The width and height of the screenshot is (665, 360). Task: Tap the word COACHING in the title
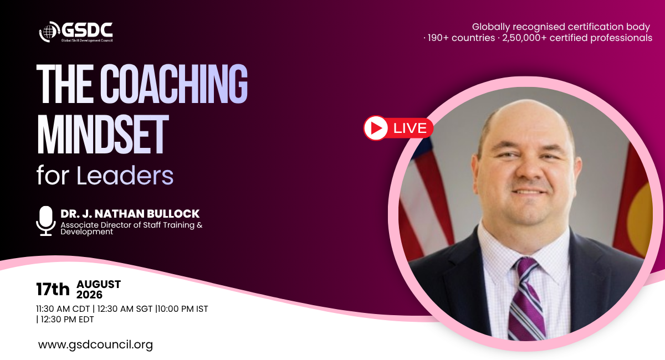click(x=173, y=84)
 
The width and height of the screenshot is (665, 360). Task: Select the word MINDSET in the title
click(x=103, y=135)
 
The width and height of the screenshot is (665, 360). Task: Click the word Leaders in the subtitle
click(x=125, y=176)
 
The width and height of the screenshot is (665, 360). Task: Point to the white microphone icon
click(x=46, y=221)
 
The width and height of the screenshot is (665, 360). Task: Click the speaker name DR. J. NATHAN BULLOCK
click(x=130, y=214)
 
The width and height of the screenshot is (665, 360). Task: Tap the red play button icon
click(x=376, y=128)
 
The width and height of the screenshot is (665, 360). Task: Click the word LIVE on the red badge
click(x=410, y=128)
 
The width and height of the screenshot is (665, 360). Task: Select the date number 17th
click(x=53, y=289)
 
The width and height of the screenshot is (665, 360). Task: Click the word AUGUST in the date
click(x=99, y=284)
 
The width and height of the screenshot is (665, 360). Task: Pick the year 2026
click(x=89, y=295)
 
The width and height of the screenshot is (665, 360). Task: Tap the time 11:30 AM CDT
click(x=63, y=309)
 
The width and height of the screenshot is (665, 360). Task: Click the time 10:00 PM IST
click(x=182, y=309)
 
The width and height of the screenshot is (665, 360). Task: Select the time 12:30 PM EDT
click(x=67, y=320)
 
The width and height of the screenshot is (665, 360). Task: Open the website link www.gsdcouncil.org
click(x=95, y=345)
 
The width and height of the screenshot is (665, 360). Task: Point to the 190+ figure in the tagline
click(x=438, y=38)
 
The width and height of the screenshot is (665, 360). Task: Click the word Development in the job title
click(x=86, y=232)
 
